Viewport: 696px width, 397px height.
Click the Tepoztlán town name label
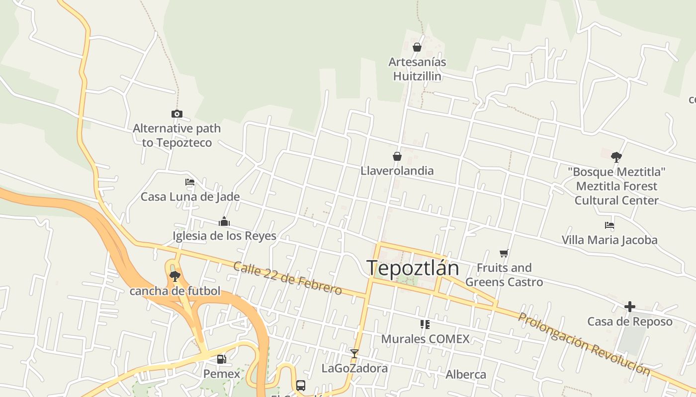click(x=413, y=268)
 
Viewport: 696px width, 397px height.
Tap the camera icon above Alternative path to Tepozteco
click(x=177, y=114)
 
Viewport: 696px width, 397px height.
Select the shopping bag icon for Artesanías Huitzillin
click(x=417, y=47)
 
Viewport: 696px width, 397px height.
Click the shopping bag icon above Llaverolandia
click(x=397, y=156)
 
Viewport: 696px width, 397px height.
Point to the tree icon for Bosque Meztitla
click(x=616, y=157)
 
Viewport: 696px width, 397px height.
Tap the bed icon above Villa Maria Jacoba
click(x=609, y=225)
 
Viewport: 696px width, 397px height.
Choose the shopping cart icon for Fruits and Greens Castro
click(x=504, y=254)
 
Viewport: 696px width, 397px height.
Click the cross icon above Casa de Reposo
click(x=630, y=307)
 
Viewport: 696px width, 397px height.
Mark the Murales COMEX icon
click(x=425, y=325)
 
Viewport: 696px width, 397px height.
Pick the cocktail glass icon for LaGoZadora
click(x=354, y=354)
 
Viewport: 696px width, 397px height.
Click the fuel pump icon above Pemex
click(x=222, y=359)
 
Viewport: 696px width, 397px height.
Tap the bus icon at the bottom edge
click(x=301, y=386)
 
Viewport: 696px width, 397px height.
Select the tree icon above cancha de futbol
click(x=174, y=276)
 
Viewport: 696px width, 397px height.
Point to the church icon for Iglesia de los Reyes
click(x=224, y=221)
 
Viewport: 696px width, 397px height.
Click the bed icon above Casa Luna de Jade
click(x=190, y=182)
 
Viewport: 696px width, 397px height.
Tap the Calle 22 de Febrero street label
click(x=287, y=278)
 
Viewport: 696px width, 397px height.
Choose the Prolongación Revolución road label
click(x=584, y=343)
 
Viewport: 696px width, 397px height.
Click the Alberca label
click(x=466, y=374)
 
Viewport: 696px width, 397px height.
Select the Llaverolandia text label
click(x=397, y=171)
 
